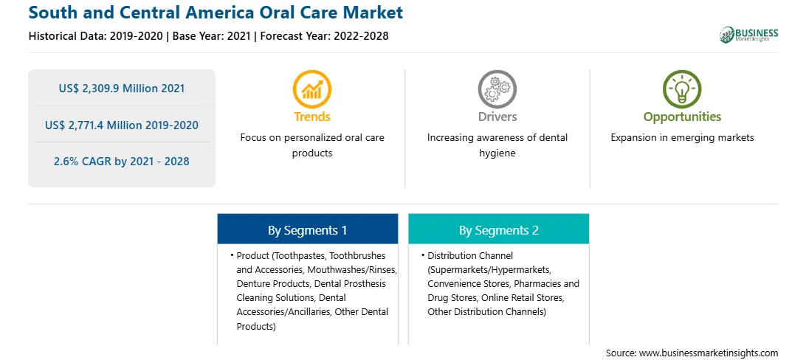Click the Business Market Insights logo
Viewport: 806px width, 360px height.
pos(748,35)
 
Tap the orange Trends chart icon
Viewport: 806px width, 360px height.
pos(312,89)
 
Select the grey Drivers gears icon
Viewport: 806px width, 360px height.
pos(497,89)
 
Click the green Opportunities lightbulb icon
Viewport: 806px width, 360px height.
pos(682,89)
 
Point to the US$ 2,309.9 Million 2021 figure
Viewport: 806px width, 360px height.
pos(121,89)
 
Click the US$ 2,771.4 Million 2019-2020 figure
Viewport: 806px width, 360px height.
pos(121,125)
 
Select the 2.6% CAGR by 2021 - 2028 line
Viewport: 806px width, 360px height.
pos(121,162)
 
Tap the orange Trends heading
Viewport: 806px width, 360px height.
pos(312,117)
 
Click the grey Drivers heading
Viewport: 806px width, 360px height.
pos(497,117)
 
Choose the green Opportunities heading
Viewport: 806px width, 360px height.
pos(682,117)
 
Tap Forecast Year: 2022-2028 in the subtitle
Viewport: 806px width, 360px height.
pos(322,36)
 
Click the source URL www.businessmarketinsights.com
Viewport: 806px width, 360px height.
pos(709,353)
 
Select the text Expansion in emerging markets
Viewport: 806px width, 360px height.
pos(682,138)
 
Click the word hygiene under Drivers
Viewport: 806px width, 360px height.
pos(497,153)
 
